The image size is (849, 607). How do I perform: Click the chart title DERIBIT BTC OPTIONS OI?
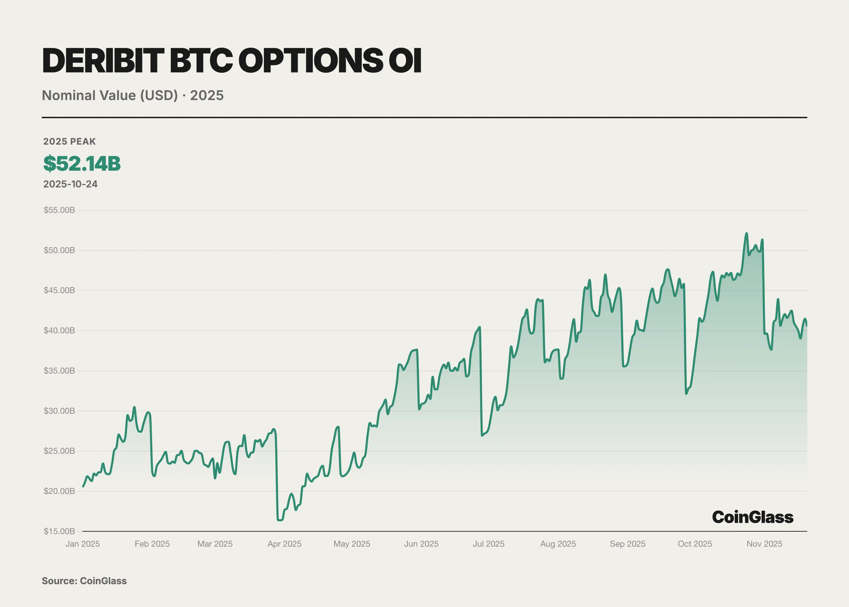[x=232, y=61]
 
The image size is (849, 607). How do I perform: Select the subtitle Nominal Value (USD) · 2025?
[x=133, y=95]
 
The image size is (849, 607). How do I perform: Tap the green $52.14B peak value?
[x=82, y=163]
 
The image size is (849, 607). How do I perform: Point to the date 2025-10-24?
[x=70, y=184]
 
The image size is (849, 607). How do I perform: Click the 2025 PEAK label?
[x=70, y=141]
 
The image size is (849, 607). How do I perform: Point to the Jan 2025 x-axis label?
[x=83, y=544]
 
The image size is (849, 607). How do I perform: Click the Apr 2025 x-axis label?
[x=284, y=544]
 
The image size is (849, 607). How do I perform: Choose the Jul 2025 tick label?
[x=488, y=544]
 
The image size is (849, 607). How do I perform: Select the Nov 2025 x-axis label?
[x=764, y=544]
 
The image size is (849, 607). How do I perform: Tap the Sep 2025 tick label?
[x=627, y=544]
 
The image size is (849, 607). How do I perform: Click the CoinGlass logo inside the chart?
[x=753, y=517]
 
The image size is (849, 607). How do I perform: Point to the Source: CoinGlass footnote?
[x=84, y=581]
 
